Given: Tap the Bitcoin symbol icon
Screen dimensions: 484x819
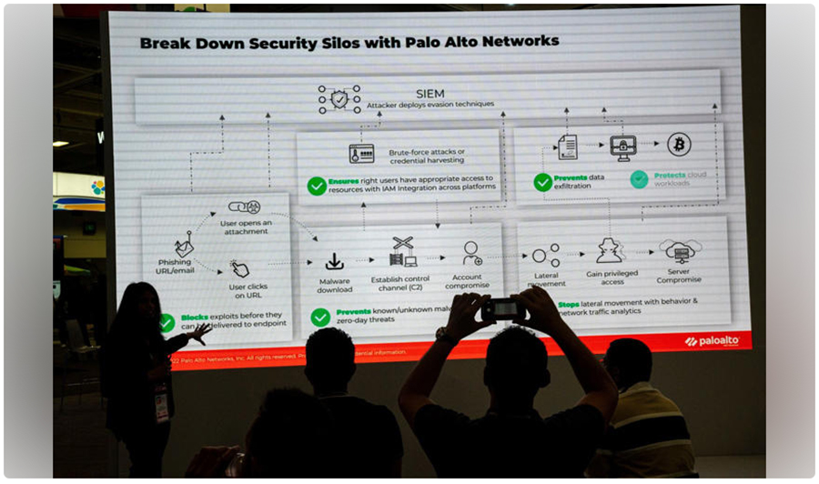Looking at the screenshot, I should click(x=678, y=144).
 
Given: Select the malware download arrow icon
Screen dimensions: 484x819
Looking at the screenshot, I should click(x=334, y=261).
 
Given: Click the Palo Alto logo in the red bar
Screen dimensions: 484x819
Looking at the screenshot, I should click(x=713, y=340).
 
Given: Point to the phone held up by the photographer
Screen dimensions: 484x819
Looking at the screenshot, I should click(x=503, y=309).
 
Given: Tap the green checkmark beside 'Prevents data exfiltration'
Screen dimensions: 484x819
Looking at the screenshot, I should click(x=542, y=182).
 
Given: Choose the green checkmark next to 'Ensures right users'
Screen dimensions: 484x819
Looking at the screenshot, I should click(x=317, y=186).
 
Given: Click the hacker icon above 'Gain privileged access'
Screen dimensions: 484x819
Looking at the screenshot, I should click(x=609, y=250).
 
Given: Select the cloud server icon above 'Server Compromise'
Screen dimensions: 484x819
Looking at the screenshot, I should click(x=679, y=251).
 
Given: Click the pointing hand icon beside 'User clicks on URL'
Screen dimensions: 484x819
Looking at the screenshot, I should click(x=239, y=268).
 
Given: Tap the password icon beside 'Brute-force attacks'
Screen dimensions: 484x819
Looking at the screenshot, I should click(x=361, y=153).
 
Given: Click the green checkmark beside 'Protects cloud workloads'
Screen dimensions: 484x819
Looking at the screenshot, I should click(x=639, y=179).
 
